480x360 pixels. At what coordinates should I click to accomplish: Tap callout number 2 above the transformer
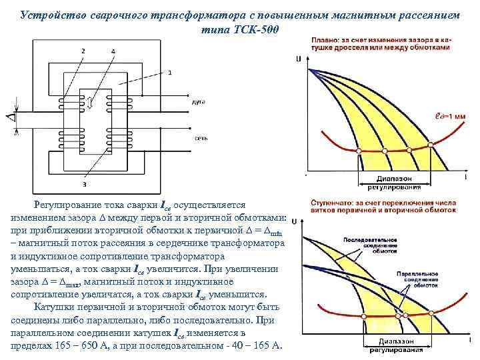(83, 51)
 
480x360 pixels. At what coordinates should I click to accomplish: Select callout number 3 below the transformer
(84, 183)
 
